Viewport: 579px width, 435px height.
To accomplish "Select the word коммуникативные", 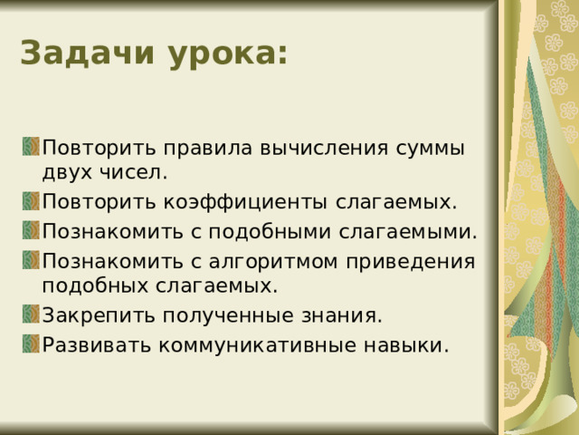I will (x=251, y=345).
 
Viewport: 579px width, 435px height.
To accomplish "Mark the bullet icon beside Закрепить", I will (x=31, y=314).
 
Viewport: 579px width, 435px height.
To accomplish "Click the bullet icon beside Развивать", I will (x=31, y=344).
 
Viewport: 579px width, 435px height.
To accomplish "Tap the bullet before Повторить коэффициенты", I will (x=31, y=199).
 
